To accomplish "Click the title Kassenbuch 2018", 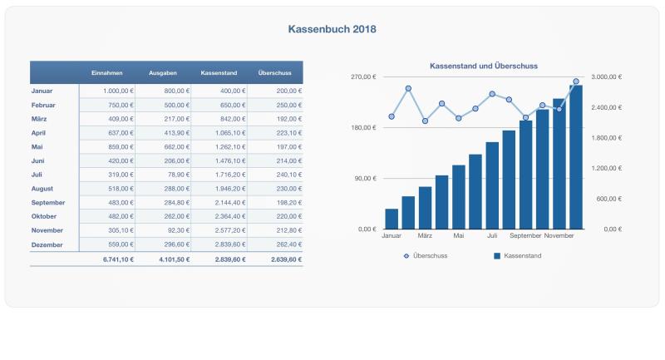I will [332, 29].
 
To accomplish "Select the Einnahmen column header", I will [107, 72].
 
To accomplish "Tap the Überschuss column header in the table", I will [273, 72].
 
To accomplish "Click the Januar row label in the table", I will [42, 90].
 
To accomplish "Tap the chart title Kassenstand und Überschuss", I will [483, 65].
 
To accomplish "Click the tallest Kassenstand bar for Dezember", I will [576, 156].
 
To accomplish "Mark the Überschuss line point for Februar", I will [408, 88].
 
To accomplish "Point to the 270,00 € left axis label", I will [363, 77].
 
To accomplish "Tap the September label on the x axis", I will [525, 235].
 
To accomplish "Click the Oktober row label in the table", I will [43, 216].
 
